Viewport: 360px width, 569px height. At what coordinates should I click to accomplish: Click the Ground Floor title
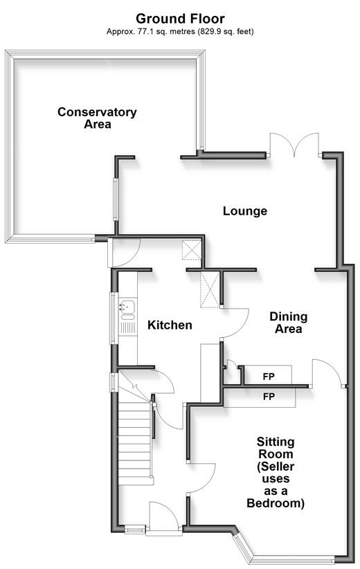click(180, 19)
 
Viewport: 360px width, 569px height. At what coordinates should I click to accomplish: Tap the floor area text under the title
click(180, 32)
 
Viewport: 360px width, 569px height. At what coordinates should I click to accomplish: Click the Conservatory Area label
click(97, 118)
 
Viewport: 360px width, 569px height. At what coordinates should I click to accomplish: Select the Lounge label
click(245, 211)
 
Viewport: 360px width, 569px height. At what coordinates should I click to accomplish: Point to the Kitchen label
click(170, 325)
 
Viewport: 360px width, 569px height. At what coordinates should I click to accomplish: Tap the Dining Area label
click(289, 323)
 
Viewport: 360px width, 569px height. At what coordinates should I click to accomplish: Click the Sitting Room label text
click(276, 472)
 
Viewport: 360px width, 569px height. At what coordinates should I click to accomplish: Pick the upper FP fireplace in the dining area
click(268, 375)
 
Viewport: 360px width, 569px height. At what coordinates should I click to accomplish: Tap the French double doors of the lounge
click(294, 145)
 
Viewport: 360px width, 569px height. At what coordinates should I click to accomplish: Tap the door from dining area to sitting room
click(327, 372)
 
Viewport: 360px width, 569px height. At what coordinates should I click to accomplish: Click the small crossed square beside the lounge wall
click(191, 250)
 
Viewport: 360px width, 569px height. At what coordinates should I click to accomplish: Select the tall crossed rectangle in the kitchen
click(210, 289)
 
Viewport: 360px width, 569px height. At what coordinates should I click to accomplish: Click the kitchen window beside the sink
click(113, 318)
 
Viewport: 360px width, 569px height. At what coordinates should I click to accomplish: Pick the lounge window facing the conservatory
click(116, 199)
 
